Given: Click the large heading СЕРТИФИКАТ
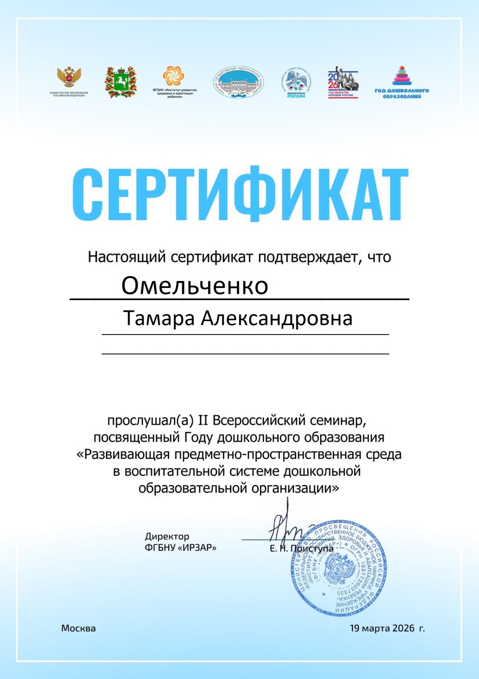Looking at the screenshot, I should pos(240,193).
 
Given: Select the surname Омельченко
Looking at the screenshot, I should pos(195,286).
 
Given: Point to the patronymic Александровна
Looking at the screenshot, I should pos(277,318).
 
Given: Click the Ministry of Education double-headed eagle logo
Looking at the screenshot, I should pos(69,78).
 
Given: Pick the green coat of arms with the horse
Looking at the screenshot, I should pos(121,82).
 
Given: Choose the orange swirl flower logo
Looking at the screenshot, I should pos(174,76).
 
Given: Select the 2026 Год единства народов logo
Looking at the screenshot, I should pos(343,82).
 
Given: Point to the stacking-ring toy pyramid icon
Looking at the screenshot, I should pos(402,76).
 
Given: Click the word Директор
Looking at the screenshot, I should pos(167,536).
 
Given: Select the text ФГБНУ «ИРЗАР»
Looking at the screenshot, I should pos(180,548).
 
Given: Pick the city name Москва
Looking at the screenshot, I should pos(79,628).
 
